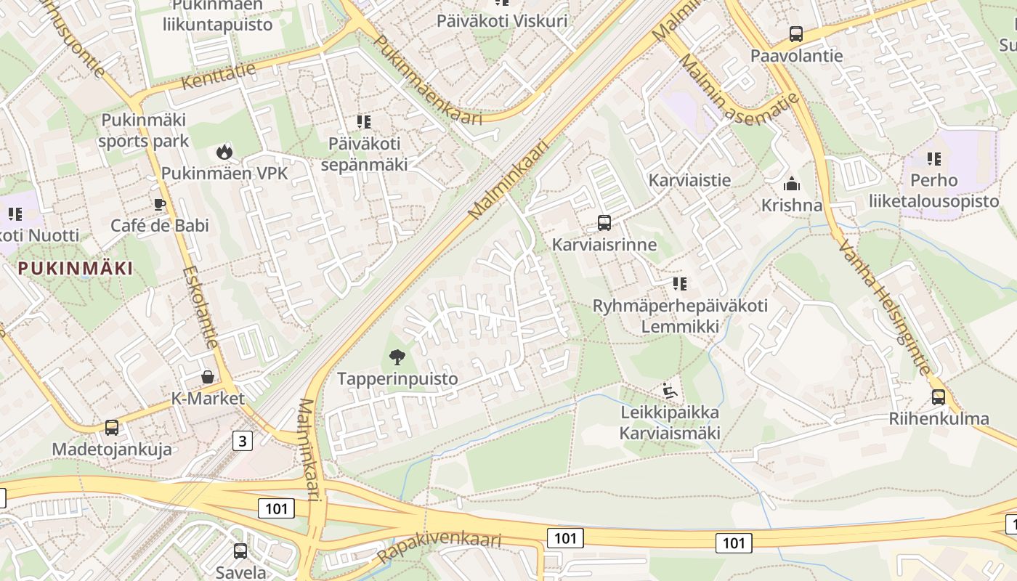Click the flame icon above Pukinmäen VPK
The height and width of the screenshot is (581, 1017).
[x=224, y=152]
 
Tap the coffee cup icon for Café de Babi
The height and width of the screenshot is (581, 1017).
[x=160, y=205]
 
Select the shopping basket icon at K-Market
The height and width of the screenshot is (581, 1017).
[x=208, y=377]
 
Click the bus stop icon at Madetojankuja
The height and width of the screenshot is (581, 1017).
[x=111, y=428]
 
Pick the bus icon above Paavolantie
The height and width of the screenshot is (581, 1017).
[x=796, y=33]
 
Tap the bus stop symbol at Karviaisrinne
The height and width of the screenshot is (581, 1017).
[x=604, y=222]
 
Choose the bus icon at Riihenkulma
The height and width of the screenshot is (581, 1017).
[x=939, y=397]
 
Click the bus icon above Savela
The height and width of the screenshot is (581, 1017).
[x=240, y=551]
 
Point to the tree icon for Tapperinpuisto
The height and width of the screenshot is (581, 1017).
[x=397, y=357]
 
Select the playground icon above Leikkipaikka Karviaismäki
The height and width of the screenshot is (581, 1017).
[x=670, y=391]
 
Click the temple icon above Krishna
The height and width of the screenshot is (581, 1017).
[x=792, y=184]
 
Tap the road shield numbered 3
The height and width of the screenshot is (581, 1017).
[x=243, y=440]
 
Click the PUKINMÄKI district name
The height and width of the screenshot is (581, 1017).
[x=76, y=269]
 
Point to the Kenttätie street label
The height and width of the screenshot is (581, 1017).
[x=218, y=76]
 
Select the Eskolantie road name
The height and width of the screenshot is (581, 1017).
[x=200, y=306]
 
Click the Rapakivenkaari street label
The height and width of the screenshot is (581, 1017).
[x=439, y=549]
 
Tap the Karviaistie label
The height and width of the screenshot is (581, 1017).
[x=689, y=180]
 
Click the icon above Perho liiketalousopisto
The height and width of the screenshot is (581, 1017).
[x=933, y=158]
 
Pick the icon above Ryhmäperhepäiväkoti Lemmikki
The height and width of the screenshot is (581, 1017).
[x=680, y=283]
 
